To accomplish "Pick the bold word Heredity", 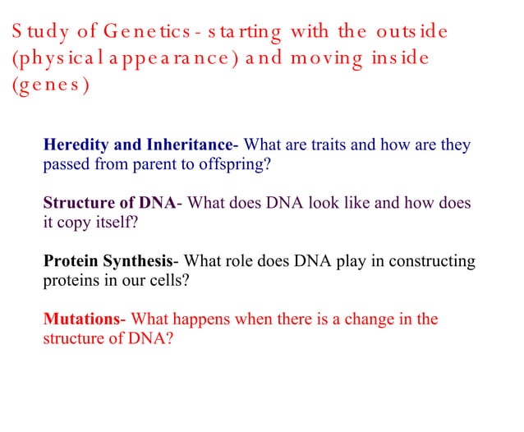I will coord(76,145).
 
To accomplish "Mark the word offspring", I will coord(235,163).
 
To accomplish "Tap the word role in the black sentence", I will coord(236,262).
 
